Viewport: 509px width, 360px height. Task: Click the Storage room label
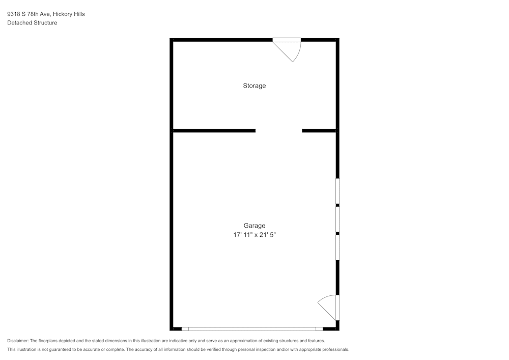254,86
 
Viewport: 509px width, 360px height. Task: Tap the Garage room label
254,226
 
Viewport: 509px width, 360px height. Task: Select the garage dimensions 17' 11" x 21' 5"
254,235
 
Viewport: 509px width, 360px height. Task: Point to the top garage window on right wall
337,191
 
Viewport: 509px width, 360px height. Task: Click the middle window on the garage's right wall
337,219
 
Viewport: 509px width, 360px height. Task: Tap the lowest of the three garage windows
337,247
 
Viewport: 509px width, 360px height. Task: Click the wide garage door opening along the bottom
252,329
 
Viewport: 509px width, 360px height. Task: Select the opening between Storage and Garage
278,131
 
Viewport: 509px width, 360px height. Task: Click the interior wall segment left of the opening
214,131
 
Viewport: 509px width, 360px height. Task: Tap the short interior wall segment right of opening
319,131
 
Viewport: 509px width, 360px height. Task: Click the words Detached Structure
32,23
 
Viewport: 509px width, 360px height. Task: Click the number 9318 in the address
13,14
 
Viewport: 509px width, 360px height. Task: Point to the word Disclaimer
17,341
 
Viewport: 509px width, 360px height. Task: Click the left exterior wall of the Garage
172,229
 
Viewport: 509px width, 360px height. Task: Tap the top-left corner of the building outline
172,40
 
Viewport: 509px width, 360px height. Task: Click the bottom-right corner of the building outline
337,329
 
